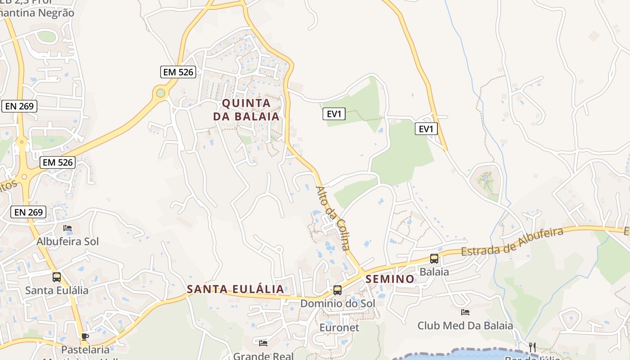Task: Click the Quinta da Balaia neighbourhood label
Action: (246, 110)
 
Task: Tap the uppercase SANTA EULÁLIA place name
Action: (235, 289)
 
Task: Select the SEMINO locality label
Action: (390, 279)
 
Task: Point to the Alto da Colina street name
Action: (333, 218)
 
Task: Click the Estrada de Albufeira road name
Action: (512, 242)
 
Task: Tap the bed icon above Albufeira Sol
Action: (67, 228)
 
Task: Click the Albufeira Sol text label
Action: (67, 242)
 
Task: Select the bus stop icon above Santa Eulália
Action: (57, 277)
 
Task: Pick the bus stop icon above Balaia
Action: (434, 259)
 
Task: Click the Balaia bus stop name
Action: (434, 272)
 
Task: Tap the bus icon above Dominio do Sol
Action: (337, 290)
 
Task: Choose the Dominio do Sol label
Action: (337, 303)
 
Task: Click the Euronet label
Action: (339, 328)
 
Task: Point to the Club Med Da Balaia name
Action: (465, 325)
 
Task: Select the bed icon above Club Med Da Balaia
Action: (465, 312)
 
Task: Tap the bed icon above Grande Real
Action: (263, 343)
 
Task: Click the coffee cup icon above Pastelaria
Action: (85, 337)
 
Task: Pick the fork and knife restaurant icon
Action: (532, 347)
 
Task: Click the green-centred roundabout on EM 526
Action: (161, 93)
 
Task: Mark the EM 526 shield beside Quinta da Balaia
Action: (178, 72)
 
